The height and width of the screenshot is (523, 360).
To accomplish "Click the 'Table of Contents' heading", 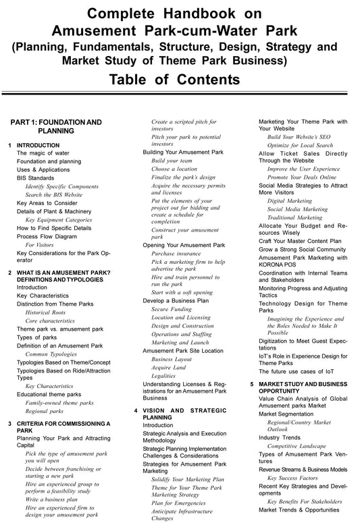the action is tap(180, 79).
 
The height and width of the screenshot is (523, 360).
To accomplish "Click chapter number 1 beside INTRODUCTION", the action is tap(9, 145).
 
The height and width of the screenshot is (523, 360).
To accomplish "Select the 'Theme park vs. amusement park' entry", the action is tap(60, 329).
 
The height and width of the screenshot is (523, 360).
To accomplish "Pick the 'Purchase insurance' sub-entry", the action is tap(176, 253).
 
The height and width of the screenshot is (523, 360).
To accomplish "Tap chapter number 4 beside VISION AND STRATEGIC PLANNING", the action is tap(137, 410).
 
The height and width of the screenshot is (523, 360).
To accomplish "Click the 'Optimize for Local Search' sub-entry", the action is tap(300, 145).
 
